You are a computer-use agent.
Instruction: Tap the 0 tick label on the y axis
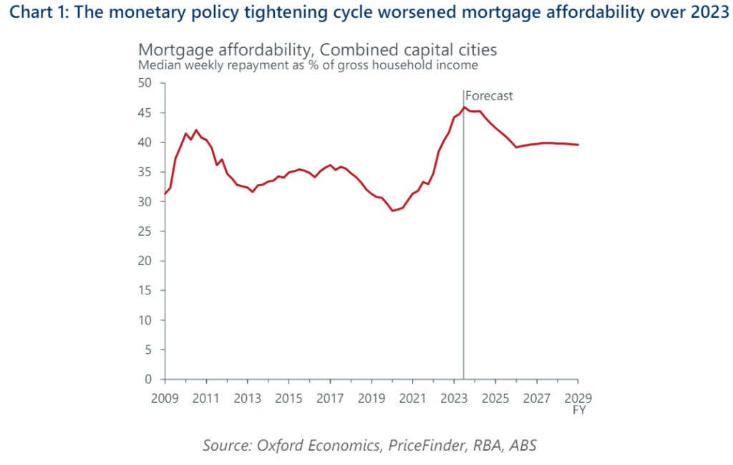pyautogui.click(x=148, y=380)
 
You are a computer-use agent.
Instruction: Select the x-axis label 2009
pyautogui.click(x=164, y=398)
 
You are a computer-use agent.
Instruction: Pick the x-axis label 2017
pyautogui.click(x=329, y=398)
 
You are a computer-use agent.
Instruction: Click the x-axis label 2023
pyautogui.click(x=454, y=398)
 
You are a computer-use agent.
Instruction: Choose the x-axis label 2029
pyautogui.click(x=578, y=398)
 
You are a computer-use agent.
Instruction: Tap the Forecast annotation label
pyautogui.click(x=490, y=96)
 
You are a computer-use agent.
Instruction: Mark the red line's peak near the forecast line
pyautogui.click(x=464, y=107)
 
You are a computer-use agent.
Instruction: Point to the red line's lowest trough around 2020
pyautogui.click(x=392, y=211)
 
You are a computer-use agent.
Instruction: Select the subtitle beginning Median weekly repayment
pyautogui.click(x=308, y=65)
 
